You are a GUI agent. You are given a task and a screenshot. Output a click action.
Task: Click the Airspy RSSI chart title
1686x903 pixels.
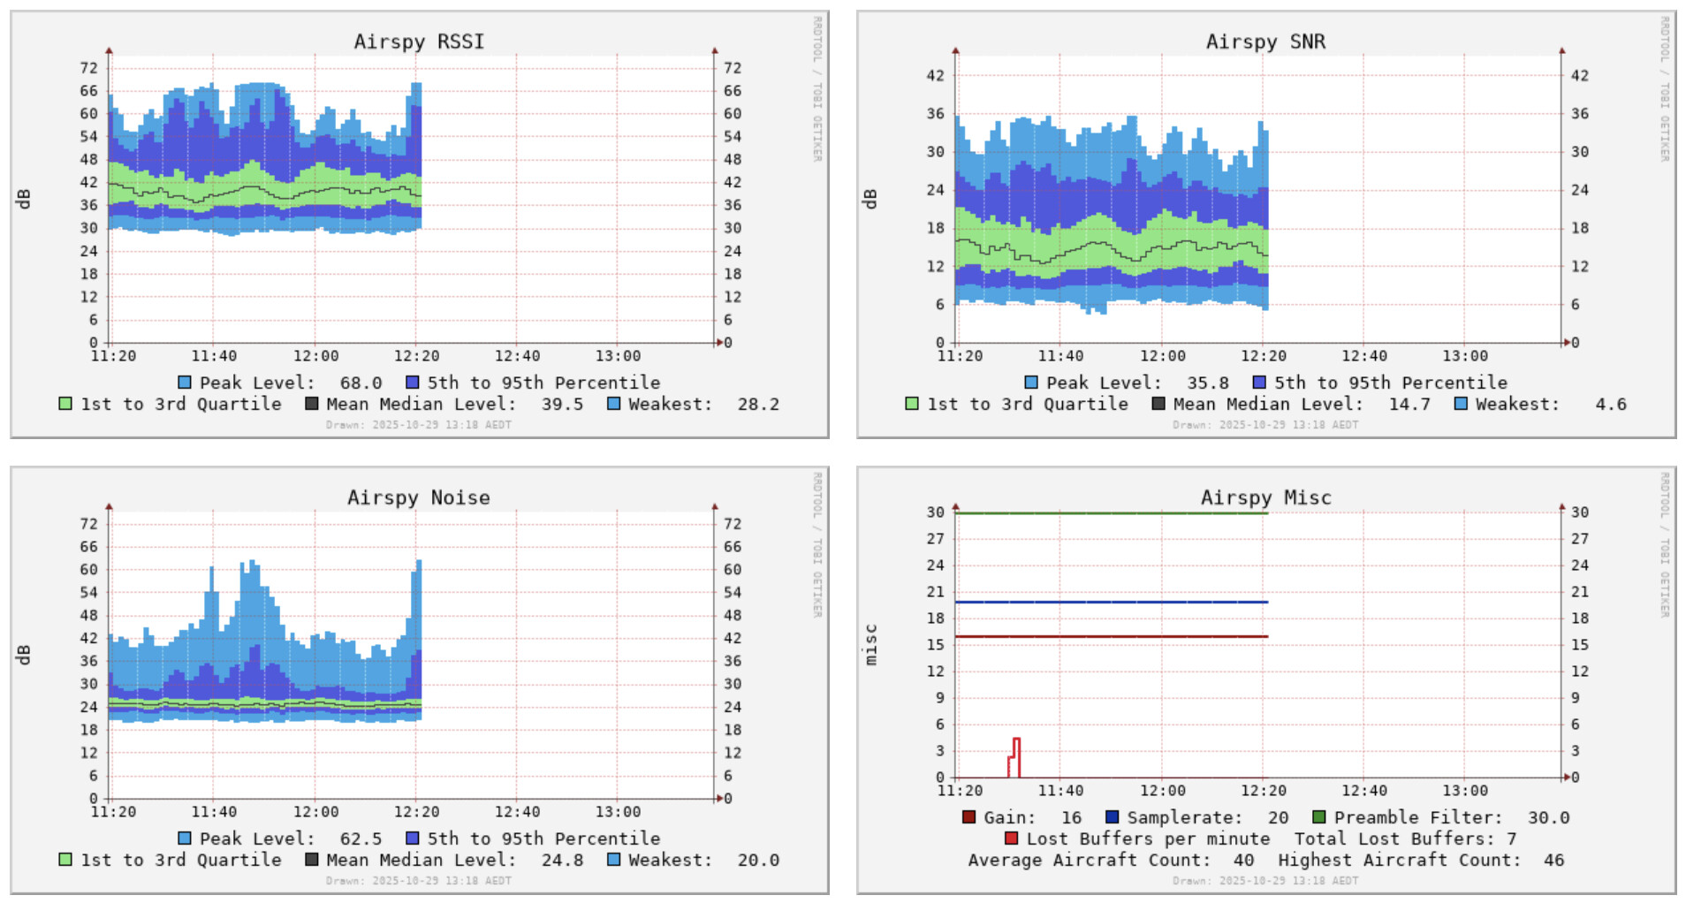[419, 42]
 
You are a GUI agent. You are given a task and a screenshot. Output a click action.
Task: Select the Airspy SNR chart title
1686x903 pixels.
[1265, 42]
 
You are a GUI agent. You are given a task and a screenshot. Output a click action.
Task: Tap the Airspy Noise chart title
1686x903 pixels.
[418, 497]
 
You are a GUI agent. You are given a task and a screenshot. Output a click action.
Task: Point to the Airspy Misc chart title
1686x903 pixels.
[1265, 497]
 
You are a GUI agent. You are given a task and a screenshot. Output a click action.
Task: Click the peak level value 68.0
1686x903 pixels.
[361, 383]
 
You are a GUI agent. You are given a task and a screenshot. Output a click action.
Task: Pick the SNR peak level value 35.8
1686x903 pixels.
[1207, 383]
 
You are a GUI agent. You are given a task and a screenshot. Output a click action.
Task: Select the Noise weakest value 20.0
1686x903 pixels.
[758, 860]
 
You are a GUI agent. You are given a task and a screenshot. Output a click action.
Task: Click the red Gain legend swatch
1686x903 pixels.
[968, 817]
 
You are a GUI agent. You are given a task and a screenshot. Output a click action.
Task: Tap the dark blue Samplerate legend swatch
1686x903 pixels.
[1112, 817]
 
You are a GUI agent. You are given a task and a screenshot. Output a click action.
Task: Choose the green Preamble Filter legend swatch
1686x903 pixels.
[1318, 817]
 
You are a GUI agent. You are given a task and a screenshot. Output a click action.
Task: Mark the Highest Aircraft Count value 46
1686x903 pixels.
[1553, 860]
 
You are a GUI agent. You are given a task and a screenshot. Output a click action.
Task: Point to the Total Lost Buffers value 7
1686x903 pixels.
[1512, 838]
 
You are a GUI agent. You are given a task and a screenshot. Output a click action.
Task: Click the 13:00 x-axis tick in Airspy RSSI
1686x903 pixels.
[618, 356]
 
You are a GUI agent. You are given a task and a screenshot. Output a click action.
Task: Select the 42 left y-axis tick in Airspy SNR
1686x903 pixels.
[935, 76]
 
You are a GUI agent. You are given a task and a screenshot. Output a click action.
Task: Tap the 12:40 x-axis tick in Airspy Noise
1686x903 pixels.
[517, 812]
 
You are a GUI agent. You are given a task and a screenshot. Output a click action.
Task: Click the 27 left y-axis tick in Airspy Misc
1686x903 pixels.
[935, 539]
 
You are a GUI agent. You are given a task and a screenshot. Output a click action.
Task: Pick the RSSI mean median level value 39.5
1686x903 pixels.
[562, 404]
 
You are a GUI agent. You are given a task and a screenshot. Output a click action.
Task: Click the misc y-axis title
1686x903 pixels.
[871, 644]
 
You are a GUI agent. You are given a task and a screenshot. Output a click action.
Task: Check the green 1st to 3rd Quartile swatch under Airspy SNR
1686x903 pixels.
[912, 404]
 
